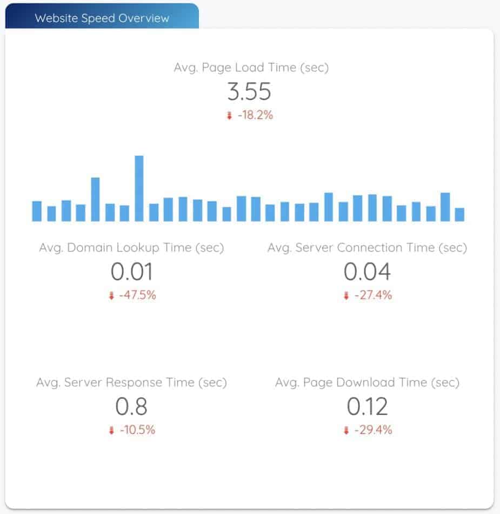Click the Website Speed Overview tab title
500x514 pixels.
(102, 18)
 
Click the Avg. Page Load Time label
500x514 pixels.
(251, 68)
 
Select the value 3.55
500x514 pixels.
(249, 92)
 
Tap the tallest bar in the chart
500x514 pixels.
(139, 188)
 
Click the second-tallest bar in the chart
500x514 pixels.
(95, 199)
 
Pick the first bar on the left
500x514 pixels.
(37, 211)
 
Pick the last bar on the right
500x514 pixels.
(459, 214)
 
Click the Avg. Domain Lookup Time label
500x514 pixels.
(131, 248)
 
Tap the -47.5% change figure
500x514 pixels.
(137, 295)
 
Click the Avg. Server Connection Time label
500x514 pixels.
(367, 248)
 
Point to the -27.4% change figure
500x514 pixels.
(373, 295)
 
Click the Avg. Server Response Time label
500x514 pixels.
(131, 383)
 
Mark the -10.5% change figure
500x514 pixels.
(137, 430)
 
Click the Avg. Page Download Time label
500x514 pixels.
(367, 383)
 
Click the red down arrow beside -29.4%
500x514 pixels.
(346, 431)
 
